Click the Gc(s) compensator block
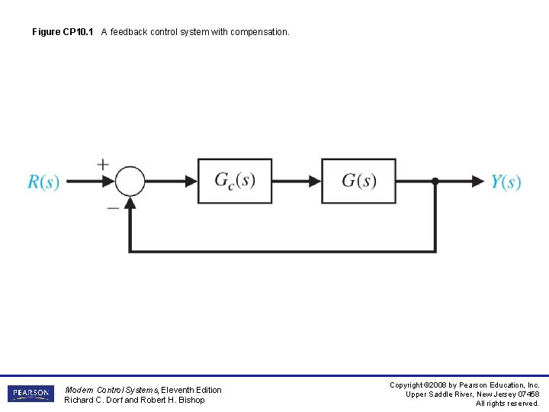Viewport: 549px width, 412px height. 235,181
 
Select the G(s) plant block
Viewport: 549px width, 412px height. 358,181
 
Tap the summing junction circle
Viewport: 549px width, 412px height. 130,182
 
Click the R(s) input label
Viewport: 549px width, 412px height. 43,182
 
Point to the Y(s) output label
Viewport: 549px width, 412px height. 506,182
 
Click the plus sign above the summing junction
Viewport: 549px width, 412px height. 103,163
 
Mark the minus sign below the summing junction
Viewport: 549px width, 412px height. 112,207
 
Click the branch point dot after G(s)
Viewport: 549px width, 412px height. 435,182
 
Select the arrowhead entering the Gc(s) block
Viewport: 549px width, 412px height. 191,182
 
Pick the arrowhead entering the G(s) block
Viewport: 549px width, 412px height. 315,182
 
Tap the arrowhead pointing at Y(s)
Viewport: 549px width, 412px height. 478,182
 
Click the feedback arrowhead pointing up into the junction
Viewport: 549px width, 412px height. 130,202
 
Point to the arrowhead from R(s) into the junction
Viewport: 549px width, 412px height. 108,182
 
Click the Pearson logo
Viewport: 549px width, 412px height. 30,394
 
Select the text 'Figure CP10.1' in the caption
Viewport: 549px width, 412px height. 63,32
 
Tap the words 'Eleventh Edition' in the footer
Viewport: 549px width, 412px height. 191,390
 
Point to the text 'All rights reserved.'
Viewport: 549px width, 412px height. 507,404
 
